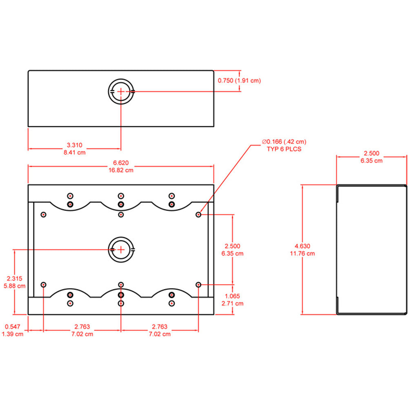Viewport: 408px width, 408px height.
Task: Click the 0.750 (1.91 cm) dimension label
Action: (239, 81)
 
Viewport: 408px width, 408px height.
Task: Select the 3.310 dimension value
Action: (75, 145)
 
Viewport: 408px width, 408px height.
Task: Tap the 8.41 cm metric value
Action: (75, 153)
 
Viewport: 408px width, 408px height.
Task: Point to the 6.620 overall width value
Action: (121, 162)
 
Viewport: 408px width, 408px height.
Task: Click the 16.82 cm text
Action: (121, 170)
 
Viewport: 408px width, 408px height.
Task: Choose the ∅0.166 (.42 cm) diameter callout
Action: (284, 142)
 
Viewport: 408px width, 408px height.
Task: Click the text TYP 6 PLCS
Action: (284, 149)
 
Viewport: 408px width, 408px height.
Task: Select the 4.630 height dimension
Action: (302, 246)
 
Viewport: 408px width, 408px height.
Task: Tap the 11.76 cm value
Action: (302, 253)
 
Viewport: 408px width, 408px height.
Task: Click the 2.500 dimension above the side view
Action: (371, 153)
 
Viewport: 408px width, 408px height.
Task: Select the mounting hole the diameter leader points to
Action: (198, 214)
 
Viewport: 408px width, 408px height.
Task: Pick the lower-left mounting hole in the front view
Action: (44, 284)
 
